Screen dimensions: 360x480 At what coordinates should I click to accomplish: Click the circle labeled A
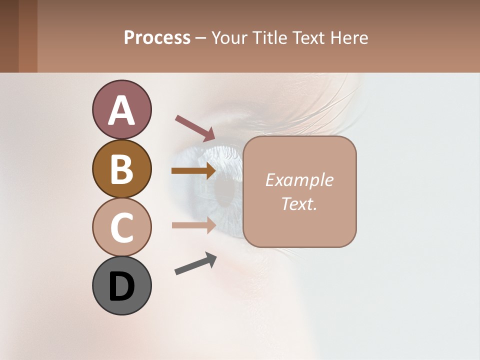121,109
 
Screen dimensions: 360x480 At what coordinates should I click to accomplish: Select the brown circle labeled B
121,168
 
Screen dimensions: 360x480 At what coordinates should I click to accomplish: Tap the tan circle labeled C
121,227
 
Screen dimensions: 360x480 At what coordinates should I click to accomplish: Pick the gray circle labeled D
121,286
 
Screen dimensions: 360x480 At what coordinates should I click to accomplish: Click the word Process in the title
157,37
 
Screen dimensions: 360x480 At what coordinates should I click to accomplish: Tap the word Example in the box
299,180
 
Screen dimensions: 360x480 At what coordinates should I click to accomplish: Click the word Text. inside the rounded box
299,203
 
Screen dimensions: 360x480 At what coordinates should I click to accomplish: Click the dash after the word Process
200,38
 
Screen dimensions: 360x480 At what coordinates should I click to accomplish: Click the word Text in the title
307,37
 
